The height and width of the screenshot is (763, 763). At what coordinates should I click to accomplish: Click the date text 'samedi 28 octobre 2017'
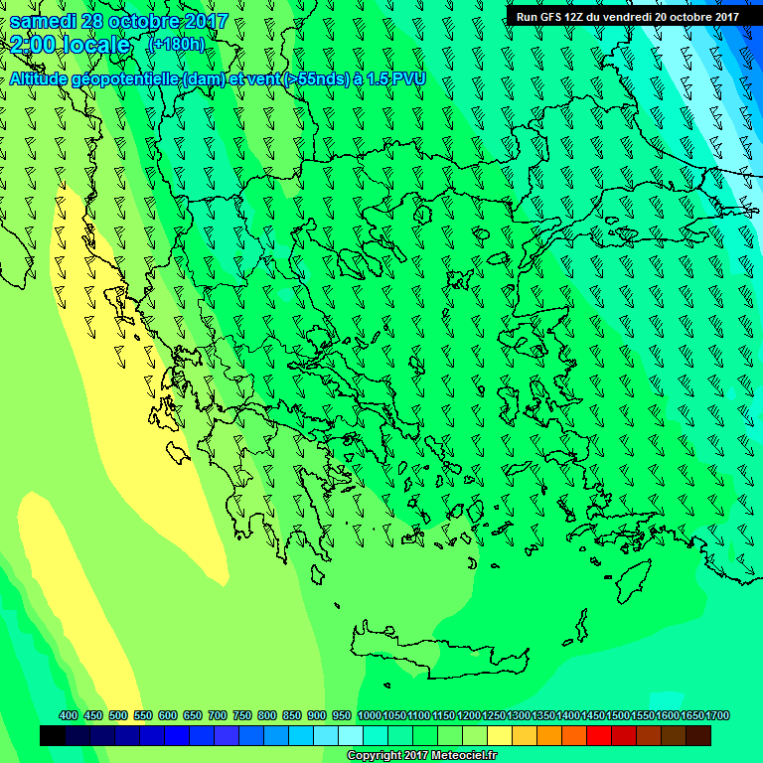(118, 21)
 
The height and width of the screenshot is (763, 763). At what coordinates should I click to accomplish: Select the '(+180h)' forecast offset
(176, 45)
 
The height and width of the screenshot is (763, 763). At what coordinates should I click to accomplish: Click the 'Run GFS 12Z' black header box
(627, 16)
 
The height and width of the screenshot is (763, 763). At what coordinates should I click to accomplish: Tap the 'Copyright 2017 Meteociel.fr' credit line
(421, 756)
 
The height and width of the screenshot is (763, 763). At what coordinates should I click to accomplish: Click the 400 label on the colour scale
(69, 715)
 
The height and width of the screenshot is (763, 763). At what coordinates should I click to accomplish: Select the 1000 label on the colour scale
(369, 715)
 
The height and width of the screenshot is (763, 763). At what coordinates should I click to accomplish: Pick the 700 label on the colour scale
(218, 715)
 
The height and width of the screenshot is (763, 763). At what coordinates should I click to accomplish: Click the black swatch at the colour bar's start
(54, 735)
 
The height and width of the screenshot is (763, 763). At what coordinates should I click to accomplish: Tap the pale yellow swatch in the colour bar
(500, 735)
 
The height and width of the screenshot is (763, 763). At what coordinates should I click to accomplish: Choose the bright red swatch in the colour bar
(599, 735)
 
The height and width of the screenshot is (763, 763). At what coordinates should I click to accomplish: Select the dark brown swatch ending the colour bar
(698, 735)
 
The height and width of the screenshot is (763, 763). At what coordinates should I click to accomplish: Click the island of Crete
(437, 651)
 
